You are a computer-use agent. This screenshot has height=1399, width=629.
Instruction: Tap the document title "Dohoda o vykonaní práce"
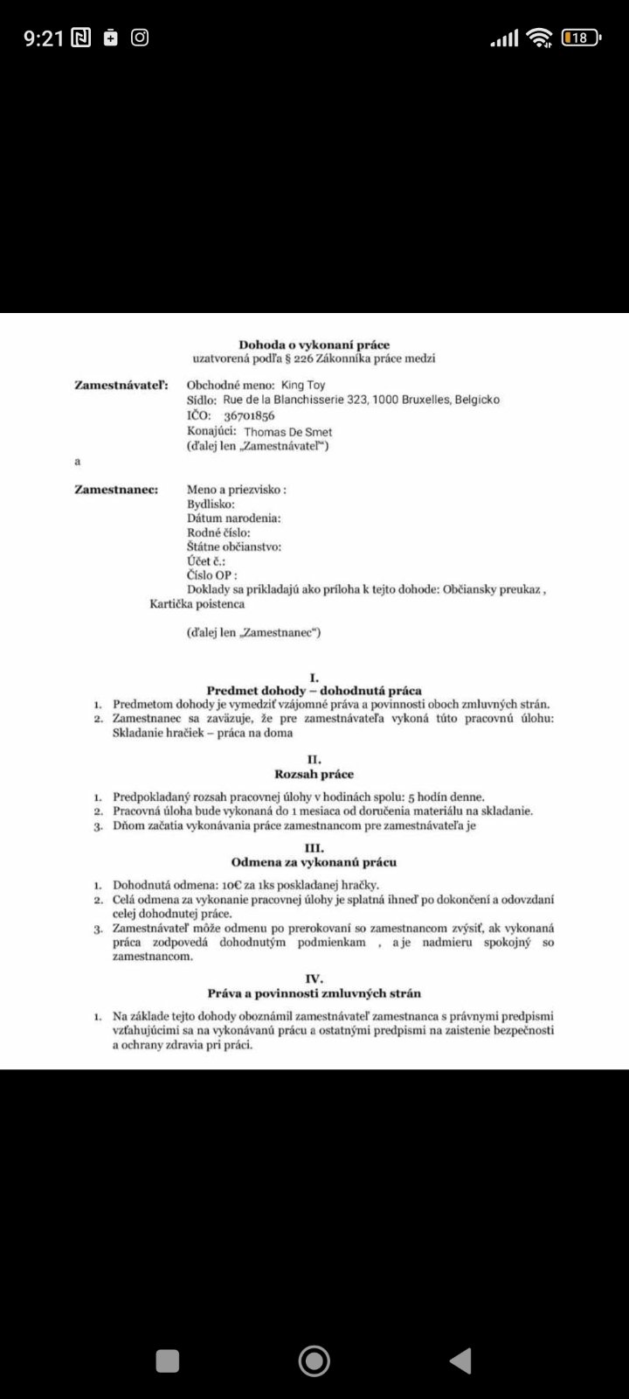click(314, 345)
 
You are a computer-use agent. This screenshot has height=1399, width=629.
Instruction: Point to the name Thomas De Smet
click(287, 432)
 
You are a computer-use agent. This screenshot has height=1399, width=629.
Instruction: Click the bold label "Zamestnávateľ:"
click(121, 385)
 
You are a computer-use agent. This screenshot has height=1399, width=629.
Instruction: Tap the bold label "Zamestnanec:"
click(116, 490)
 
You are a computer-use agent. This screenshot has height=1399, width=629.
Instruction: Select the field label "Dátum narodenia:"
click(234, 519)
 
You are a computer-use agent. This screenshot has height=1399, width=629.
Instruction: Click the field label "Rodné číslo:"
click(218, 532)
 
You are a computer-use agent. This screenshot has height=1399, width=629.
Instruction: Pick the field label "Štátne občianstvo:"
click(234, 547)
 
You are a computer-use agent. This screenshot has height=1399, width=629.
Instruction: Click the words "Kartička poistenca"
click(197, 603)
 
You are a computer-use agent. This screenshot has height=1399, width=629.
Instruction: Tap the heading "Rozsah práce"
click(314, 775)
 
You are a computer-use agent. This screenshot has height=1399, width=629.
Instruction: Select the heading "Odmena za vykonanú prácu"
click(314, 862)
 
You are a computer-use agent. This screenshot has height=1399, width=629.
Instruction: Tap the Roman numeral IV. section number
click(314, 978)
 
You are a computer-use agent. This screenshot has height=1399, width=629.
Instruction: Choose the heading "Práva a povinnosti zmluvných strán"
click(314, 993)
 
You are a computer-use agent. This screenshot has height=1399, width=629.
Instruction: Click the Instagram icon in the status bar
click(140, 38)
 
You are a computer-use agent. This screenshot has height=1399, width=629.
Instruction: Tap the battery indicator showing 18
click(580, 38)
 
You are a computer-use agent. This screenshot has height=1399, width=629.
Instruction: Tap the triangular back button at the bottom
click(460, 1361)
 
